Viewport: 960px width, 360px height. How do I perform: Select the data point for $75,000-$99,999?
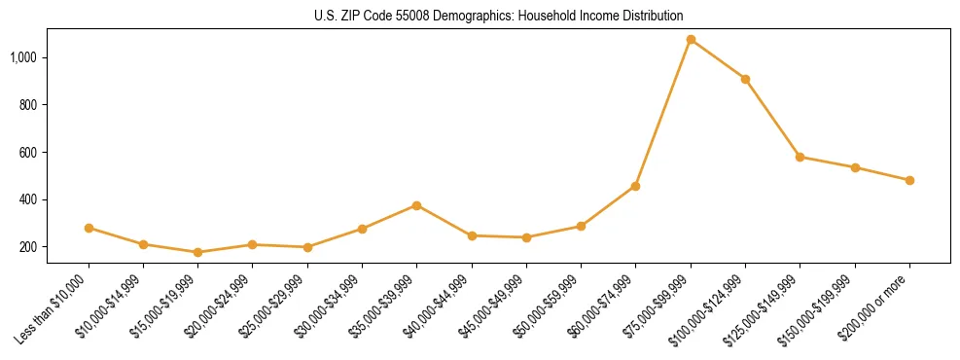point(691,40)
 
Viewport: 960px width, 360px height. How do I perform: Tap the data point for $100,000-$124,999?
point(745,79)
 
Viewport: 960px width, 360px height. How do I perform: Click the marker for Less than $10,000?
point(89,228)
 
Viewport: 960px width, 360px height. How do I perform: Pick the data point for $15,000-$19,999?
point(197,252)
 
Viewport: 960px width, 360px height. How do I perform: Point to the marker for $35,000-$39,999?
point(416,205)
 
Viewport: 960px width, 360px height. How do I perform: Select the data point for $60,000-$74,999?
point(635,186)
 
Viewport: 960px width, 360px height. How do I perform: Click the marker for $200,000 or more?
point(909,180)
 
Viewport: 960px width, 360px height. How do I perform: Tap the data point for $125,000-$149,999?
point(800,157)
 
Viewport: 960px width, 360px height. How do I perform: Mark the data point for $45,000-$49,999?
point(526,237)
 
